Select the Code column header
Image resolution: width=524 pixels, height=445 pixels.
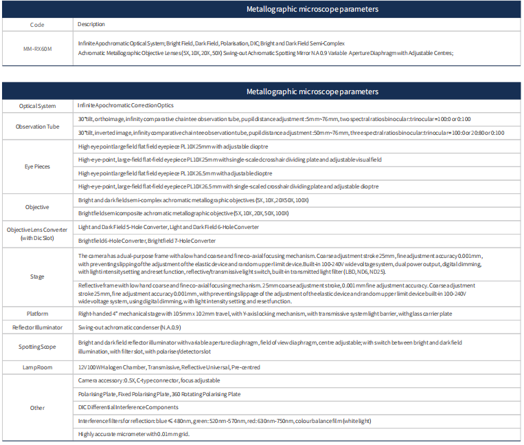click(37, 24)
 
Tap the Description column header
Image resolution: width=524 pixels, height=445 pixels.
click(91, 24)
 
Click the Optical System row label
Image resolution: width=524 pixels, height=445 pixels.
click(37, 106)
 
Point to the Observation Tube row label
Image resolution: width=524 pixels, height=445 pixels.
click(37, 126)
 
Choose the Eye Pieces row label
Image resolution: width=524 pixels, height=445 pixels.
click(37, 166)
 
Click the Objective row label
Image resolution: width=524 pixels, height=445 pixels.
click(37, 206)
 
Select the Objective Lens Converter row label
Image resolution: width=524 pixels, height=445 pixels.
click(37, 234)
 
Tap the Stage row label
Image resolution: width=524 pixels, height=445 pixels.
click(37, 276)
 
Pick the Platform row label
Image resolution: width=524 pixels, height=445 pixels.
click(37, 314)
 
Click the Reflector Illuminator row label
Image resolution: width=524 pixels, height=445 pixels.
click(37, 327)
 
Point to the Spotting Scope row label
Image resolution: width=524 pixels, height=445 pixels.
click(37, 347)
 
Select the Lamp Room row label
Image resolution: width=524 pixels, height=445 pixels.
click(37, 367)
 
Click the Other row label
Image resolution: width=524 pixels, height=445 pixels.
click(37, 408)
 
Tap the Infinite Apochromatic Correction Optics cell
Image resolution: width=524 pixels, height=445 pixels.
click(126, 106)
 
